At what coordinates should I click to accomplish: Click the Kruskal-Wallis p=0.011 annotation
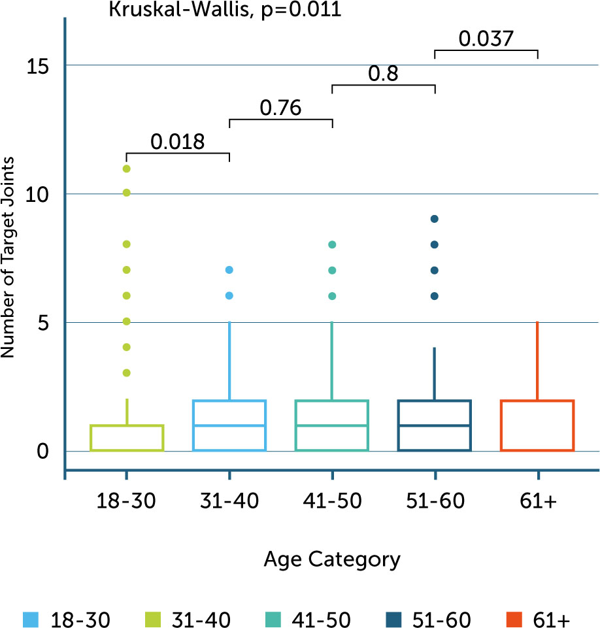tap(224, 10)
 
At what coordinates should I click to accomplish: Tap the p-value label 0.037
tap(485, 39)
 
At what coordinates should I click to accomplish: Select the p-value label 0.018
tap(178, 141)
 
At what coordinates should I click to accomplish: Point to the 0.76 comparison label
tap(280, 108)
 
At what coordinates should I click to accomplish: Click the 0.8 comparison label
tap(384, 74)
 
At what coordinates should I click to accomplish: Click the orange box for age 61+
tap(537, 425)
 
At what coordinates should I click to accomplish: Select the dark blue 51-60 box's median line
tap(435, 425)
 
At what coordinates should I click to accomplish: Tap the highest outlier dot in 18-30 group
tap(127, 169)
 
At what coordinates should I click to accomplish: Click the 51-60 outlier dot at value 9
tap(435, 219)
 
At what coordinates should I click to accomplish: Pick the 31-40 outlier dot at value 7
tap(229, 270)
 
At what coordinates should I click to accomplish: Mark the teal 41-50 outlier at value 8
tap(332, 244)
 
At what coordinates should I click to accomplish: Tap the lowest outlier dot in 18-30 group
tap(127, 372)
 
